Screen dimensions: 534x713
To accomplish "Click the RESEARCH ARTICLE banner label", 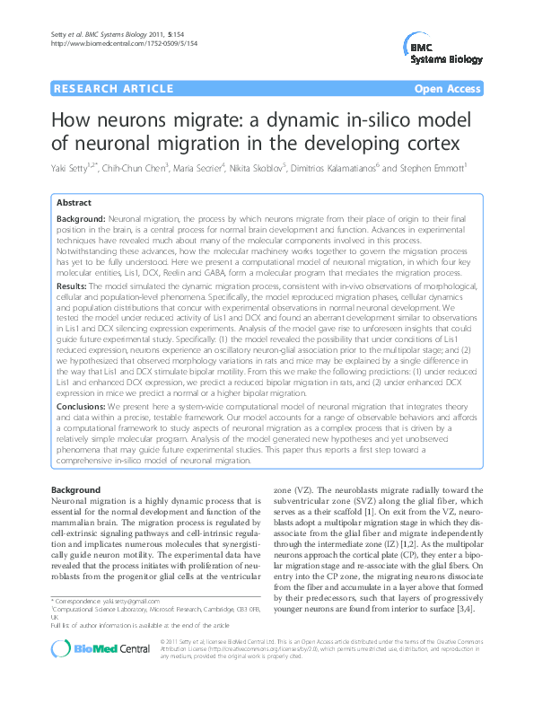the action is tap(113, 89).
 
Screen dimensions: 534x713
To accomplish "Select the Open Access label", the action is tap(446, 89).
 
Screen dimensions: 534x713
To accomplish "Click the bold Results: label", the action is tap(71, 285).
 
